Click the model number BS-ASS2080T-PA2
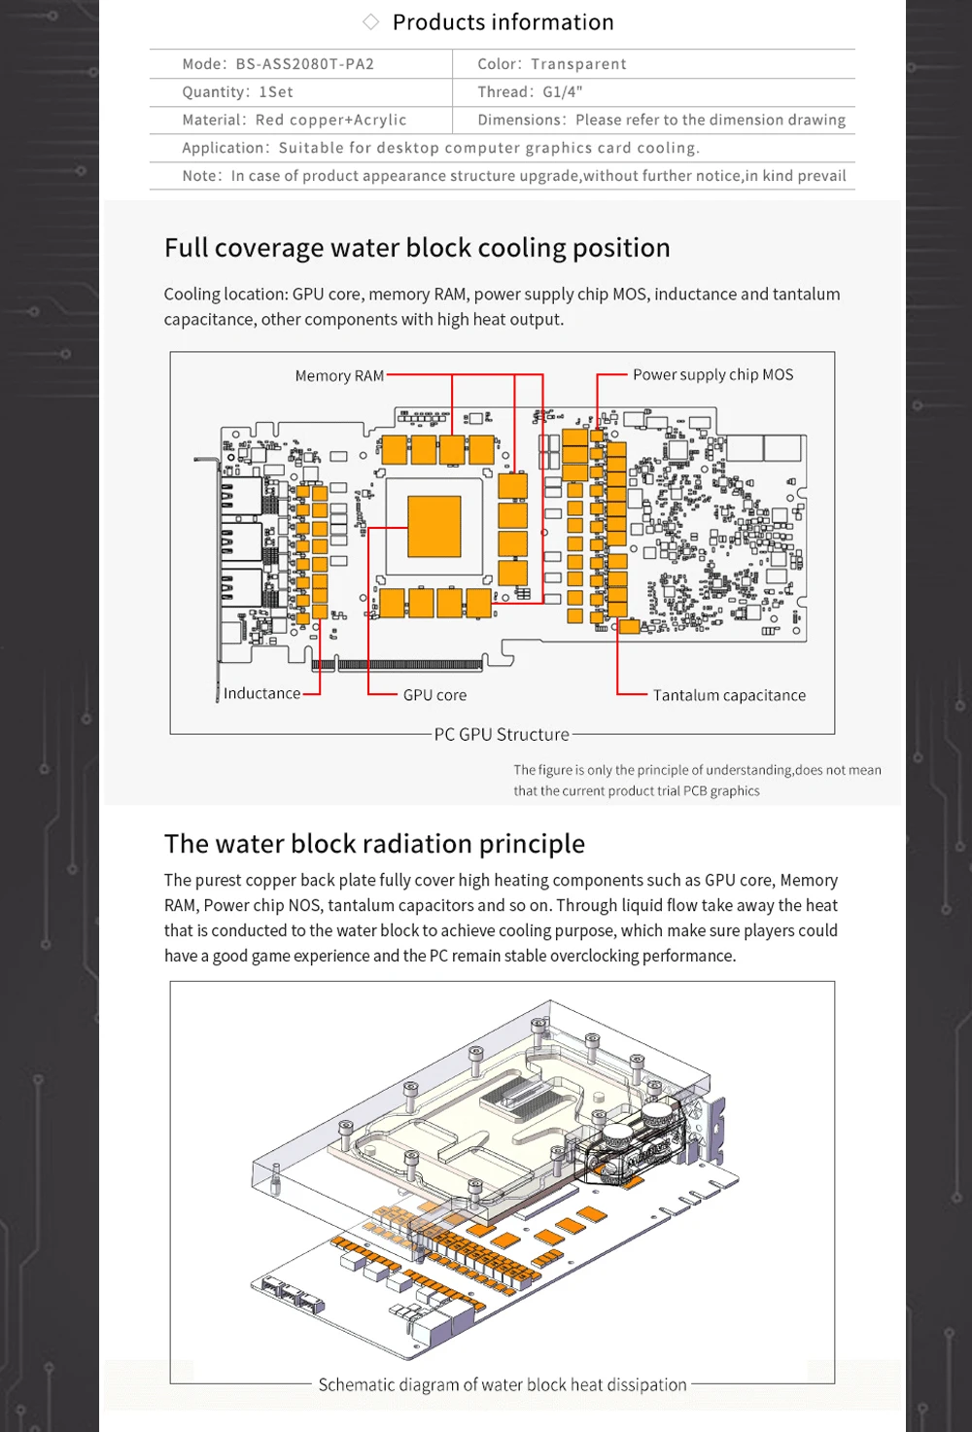304,64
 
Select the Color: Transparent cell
551,64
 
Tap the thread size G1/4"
562,92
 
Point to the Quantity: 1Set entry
237,92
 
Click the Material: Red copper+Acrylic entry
294,121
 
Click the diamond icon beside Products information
370,22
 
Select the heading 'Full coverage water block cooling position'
417,248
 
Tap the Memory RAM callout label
339,375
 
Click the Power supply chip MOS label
712,374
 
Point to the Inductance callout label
261,693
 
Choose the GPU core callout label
434,695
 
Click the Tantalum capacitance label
729,695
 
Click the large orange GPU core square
434,526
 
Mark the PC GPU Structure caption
502,734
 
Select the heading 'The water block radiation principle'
374,844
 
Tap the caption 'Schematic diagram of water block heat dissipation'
503,1384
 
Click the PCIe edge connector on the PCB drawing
408,665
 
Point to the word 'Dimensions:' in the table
521,121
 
